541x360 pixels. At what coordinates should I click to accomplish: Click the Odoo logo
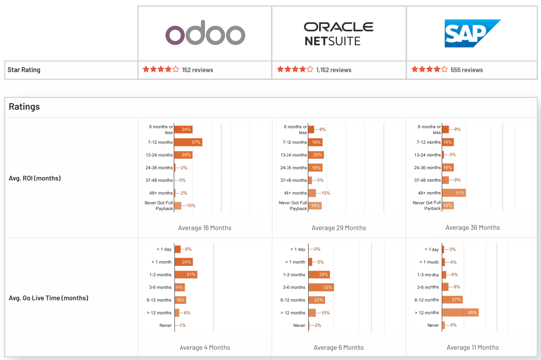click(x=205, y=35)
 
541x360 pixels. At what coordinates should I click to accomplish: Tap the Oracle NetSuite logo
click(x=338, y=34)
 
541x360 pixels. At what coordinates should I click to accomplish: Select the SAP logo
click(x=472, y=33)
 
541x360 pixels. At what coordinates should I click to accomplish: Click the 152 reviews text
click(x=198, y=70)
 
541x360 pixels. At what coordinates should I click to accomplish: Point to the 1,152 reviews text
click(x=334, y=70)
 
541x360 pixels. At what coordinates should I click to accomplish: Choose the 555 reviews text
click(x=467, y=70)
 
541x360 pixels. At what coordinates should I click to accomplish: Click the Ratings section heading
click(x=24, y=107)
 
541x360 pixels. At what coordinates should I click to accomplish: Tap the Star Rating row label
click(x=24, y=70)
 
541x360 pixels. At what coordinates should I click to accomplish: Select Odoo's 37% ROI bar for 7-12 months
click(x=188, y=143)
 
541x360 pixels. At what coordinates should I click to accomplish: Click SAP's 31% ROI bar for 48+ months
click(x=454, y=193)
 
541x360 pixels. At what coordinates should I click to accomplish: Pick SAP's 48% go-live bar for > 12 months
click(x=460, y=313)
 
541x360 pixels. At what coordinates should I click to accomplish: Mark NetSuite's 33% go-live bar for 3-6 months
click(x=321, y=288)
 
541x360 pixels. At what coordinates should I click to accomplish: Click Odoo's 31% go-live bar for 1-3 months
click(x=186, y=275)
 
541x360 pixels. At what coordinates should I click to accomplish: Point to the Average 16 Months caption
click(x=204, y=228)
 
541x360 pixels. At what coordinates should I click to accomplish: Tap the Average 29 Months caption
click(x=338, y=228)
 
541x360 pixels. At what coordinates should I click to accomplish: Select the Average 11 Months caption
click(x=473, y=348)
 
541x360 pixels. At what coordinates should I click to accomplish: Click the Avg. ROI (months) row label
click(x=35, y=178)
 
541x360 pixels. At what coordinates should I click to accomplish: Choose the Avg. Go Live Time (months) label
click(x=49, y=298)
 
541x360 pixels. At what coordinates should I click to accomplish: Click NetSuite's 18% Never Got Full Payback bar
click(x=315, y=206)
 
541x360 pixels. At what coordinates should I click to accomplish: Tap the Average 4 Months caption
click(x=204, y=348)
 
